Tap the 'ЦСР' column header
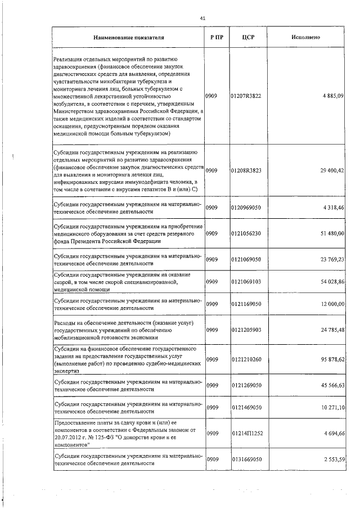245,37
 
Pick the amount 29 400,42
331,170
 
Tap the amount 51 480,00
331,233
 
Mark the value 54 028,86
331,281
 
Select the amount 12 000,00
331,304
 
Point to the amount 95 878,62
331,359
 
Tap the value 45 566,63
331,386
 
